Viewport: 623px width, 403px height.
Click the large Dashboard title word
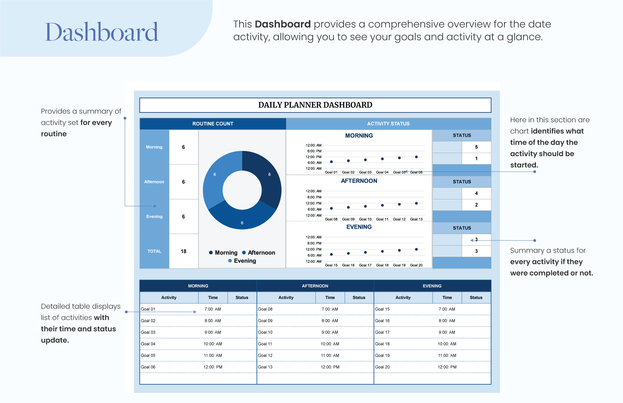tap(102, 32)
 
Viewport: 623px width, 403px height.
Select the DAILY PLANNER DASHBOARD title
tap(315, 105)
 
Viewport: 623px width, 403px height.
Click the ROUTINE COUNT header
tap(213, 124)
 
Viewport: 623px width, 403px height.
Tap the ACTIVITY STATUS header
tap(388, 124)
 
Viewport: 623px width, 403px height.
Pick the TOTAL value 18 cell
tap(183, 251)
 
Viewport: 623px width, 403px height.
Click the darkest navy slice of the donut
tap(264, 177)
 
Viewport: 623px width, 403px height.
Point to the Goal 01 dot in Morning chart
tap(331, 162)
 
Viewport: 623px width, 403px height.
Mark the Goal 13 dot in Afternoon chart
tap(416, 203)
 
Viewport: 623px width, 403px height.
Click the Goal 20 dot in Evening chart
tap(416, 249)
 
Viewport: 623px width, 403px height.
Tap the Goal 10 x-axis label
tap(365, 219)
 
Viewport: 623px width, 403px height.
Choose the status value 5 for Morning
tap(476, 147)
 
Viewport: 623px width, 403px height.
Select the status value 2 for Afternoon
tap(476, 205)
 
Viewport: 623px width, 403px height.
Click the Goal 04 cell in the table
tap(148, 344)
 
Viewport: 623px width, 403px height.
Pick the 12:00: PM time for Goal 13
tap(330, 367)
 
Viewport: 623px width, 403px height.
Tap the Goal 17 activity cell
tap(382, 332)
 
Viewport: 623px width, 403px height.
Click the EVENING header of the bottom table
tap(432, 286)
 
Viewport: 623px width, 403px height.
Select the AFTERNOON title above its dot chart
tap(359, 181)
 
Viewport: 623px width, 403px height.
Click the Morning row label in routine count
tap(154, 147)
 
